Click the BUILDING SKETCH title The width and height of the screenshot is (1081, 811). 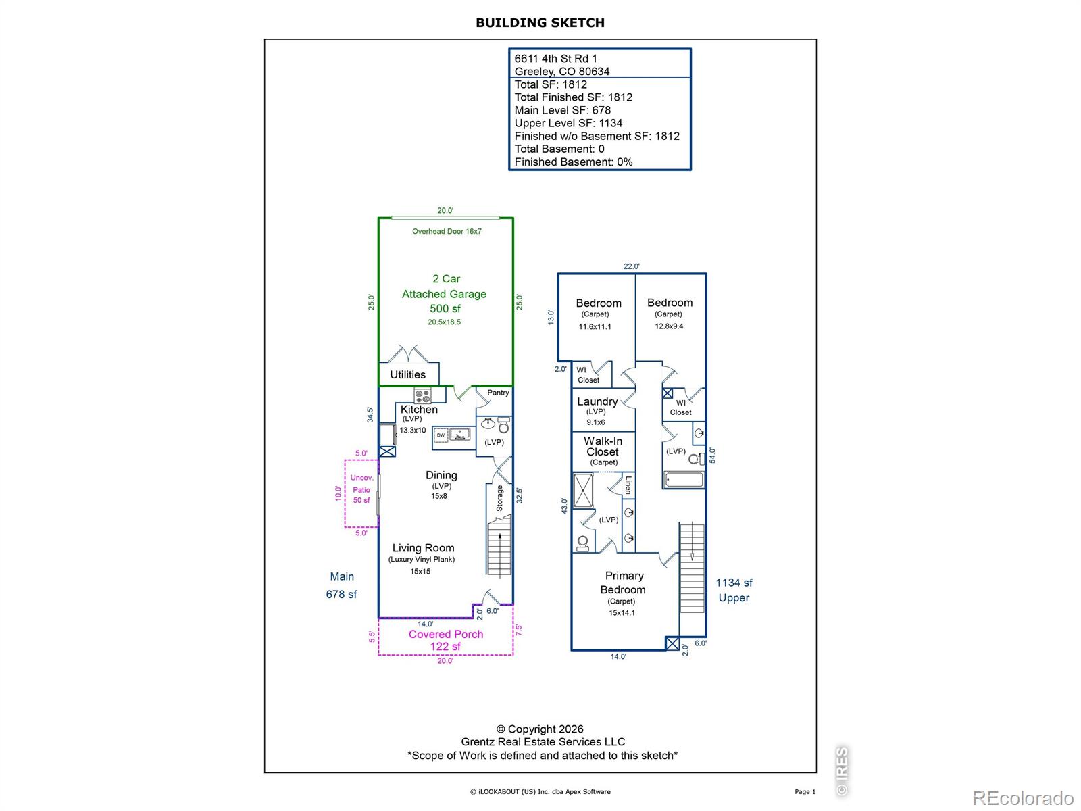(540, 22)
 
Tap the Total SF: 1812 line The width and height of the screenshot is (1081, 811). (551, 84)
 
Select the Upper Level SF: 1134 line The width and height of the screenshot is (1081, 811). (568, 123)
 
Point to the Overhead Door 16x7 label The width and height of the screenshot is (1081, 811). (447, 231)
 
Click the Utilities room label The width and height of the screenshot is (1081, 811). (407, 374)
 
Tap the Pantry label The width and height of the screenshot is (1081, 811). (498, 393)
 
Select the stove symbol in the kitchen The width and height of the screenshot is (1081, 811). (422, 395)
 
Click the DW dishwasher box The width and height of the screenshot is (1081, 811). (441, 435)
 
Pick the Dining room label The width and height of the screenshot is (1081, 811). (441, 476)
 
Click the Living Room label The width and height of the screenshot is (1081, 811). (423, 548)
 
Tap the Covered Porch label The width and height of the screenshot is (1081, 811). (446, 634)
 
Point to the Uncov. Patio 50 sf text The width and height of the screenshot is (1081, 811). (361, 489)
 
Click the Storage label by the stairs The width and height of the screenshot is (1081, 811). (500, 498)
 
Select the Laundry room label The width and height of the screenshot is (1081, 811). (597, 401)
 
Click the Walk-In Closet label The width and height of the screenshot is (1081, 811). (603, 447)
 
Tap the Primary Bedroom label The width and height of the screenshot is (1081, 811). (624, 583)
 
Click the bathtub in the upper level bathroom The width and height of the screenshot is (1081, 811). (684, 480)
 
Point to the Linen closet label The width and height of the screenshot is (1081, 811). (628, 485)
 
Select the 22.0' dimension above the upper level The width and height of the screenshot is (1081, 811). (631, 266)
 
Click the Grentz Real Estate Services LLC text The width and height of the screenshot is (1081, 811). (543, 742)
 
